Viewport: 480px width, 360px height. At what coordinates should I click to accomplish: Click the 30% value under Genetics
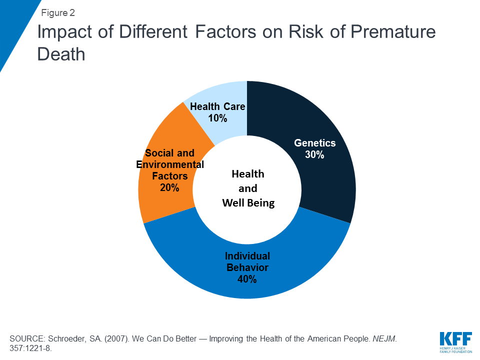(x=314, y=154)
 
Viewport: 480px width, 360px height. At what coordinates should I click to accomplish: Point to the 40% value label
(x=247, y=279)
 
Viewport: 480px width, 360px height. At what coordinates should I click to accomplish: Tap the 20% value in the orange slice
(x=170, y=187)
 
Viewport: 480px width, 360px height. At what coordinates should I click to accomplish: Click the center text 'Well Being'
(x=248, y=202)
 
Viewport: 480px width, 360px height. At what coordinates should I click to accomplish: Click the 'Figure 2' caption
(x=58, y=13)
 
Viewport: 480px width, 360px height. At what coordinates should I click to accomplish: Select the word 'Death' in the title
(x=61, y=54)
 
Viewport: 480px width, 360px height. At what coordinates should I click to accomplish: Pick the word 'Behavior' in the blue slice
(x=247, y=267)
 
